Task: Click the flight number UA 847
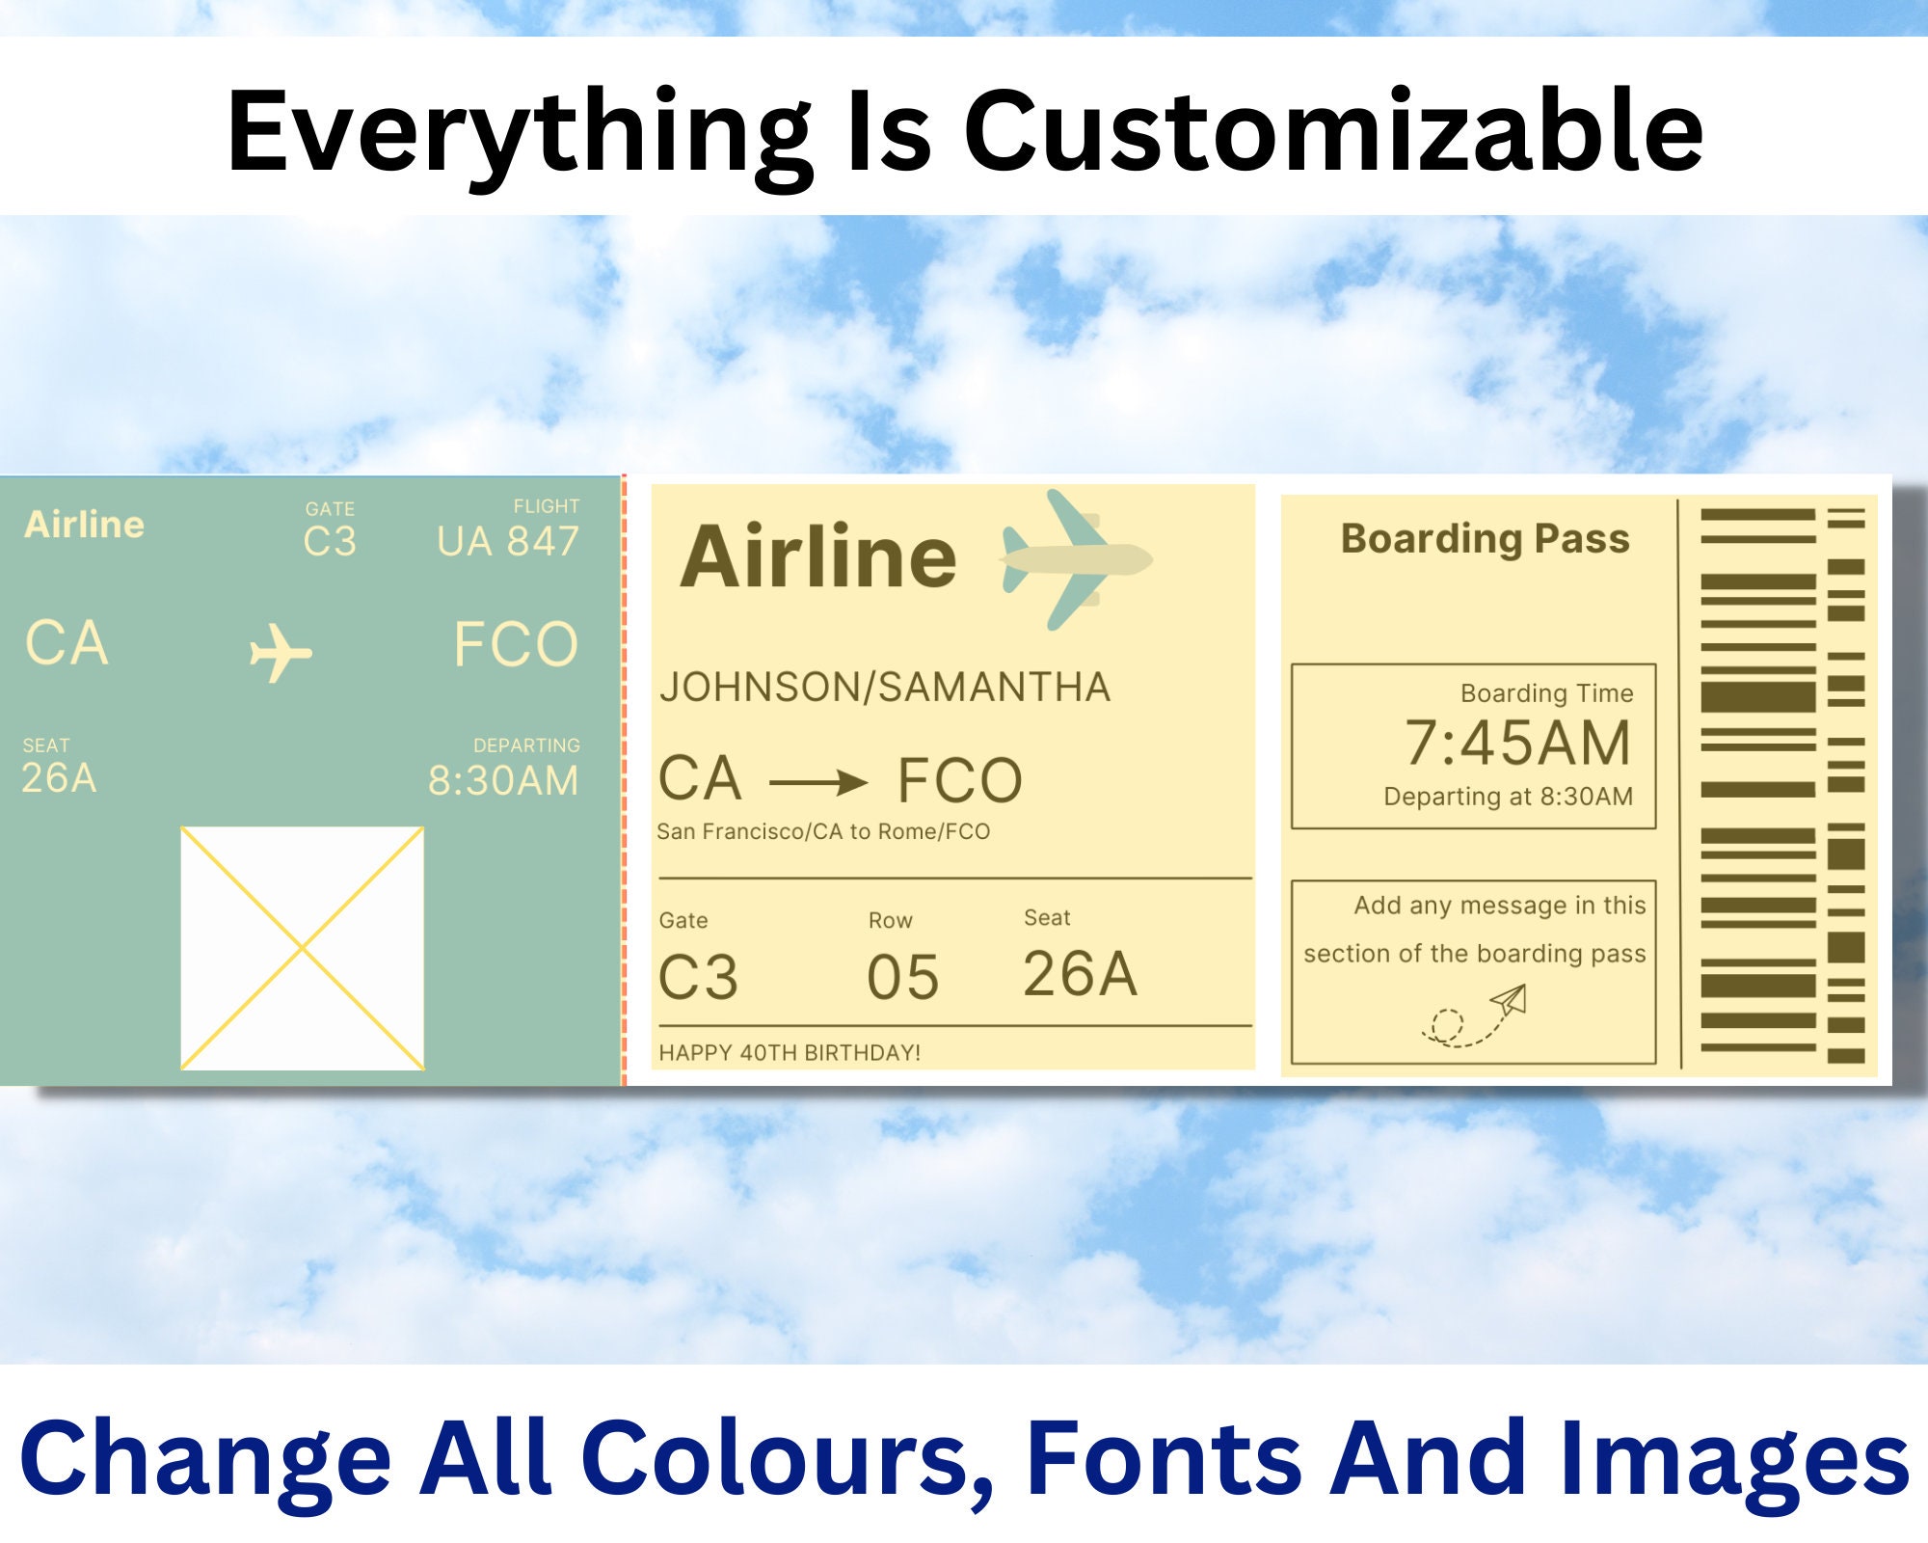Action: (x=507, y=542)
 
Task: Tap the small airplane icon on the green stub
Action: (x=280, y=653)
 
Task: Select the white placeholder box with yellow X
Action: (x=302, y=948)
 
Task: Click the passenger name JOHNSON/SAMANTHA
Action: (x=885, y=688)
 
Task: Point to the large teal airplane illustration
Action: (x=1075, y=559)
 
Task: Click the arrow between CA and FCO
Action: (x=818, y=782)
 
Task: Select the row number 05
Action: (x=902, y=977)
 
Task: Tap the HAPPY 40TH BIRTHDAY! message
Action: (x=790, y=1052)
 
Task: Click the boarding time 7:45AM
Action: (x=1517, y=744)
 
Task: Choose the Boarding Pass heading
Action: (x=1485, y=538)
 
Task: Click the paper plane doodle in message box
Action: (x=1475, y=1015)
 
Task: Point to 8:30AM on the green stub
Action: (x=503, y=780)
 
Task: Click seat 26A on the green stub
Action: (x=59, y=778)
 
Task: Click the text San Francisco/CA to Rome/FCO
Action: (x=823, y=831)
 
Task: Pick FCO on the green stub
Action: (x=516, y=644)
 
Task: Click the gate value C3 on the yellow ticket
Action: (x=698, y=977)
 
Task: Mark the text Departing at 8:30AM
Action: (x=1508, y=797)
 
